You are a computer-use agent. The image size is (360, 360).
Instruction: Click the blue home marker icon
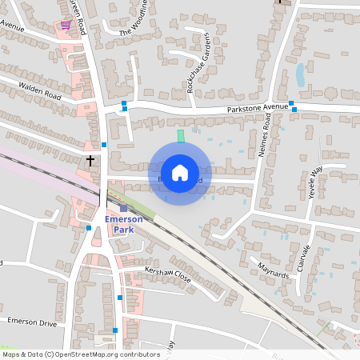[179, 172]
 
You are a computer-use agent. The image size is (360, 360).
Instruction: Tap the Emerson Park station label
[123, 224]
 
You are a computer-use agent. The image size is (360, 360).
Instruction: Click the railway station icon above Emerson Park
[123, 209]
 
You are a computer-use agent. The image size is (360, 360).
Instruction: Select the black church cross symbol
[90, 161]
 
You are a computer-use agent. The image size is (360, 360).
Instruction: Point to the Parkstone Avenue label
[257, 107]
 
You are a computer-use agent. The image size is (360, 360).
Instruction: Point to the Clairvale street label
[303, 257]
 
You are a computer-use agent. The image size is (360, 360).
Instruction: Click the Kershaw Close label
[168, 276]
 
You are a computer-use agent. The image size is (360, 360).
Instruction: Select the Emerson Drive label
[32, 322]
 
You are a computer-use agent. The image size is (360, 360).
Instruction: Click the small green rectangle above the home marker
[181, 135]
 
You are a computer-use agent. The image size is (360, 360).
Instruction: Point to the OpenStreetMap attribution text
[81, 354]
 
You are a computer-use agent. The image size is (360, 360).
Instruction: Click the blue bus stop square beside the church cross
[104, 145]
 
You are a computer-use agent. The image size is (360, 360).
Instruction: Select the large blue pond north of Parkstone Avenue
[300, 74]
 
